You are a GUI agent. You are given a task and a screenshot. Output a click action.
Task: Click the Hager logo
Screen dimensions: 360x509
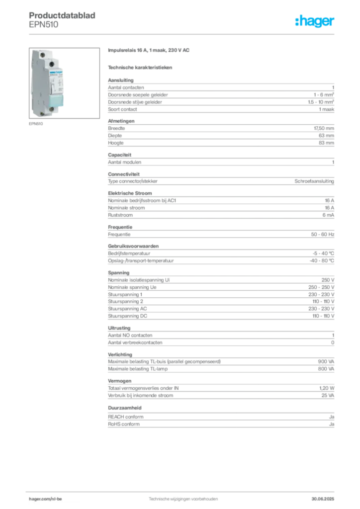[x=315, y=21]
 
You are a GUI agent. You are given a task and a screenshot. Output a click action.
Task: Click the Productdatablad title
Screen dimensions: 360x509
[x=62, y=15]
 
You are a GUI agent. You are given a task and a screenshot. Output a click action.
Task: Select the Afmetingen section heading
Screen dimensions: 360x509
[x=121, y=121]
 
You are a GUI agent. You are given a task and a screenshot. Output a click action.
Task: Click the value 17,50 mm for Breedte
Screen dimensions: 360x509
[x=324, y=128]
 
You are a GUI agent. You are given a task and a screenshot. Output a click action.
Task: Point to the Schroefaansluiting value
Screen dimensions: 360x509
[x=314, y=181]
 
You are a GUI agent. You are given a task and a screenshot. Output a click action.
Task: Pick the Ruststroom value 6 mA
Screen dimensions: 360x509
[x=328, y=215]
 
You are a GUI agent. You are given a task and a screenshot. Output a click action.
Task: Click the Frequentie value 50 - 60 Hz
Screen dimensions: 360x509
[x=322, y=234]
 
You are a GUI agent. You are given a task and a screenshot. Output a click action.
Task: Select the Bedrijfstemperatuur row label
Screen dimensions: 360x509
[x=129, y=253]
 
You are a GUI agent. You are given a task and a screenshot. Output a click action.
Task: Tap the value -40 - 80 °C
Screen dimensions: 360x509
[x=322, y=260]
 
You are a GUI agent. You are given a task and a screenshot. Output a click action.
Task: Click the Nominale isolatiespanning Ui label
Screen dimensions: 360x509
[x=139, y=280]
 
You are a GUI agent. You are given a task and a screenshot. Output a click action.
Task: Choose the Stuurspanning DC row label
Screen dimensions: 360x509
[x=128, y=316]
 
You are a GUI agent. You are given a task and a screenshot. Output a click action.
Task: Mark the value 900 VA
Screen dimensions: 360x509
[x=326, y=361]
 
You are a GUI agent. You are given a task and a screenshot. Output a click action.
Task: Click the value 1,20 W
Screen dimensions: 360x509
[x=327, y=388]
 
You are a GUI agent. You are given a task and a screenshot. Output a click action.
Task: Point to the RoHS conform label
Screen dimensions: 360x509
[x=124, y=424]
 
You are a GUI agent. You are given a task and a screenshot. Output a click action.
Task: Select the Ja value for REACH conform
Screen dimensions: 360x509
[x=332, y=417]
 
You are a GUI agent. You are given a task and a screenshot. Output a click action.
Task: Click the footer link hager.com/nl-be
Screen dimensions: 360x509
[x=45, y=499]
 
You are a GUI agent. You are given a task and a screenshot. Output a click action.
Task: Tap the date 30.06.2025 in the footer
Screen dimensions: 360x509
[x=323, y=499]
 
